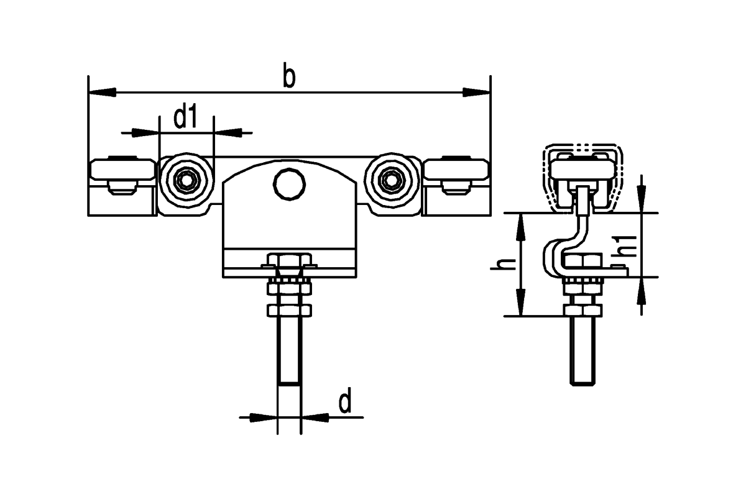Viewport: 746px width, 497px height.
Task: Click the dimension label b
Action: click(x=289, y=75)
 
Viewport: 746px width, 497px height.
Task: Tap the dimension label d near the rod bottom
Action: click(x=345, y=399)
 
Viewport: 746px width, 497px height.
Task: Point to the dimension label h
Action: click(x=503, y=264)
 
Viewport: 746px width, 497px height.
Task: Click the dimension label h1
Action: click(x=624, y=246)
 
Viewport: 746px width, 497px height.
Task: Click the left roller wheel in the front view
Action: click(x=187, y=180)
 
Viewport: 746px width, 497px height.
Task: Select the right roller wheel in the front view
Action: click(x=392, y=180)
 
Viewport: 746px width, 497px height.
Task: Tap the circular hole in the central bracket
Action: click(x=290, y=184)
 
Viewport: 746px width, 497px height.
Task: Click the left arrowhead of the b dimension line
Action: click(x=102, y=92)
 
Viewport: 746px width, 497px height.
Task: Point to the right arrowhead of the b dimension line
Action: click(x=477, y=92)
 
